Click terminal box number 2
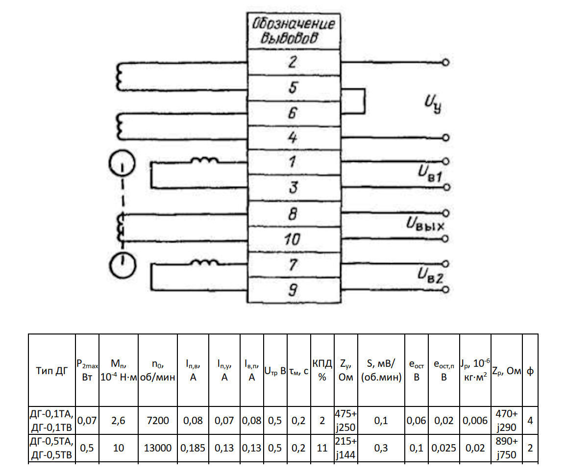[293, 63]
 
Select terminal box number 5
[293, 88]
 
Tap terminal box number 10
[293, 239]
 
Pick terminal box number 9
[293, 291]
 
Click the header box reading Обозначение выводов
[293, 31]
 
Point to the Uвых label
[424, 226]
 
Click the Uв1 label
[431, 173]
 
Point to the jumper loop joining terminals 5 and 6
[364, 101]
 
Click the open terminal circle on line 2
[445, 63]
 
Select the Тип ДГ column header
[52, 371]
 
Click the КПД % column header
[322, 371]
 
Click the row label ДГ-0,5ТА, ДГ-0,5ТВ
[52, 448]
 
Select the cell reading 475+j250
[345, 420]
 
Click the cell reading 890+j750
[507, 448]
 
